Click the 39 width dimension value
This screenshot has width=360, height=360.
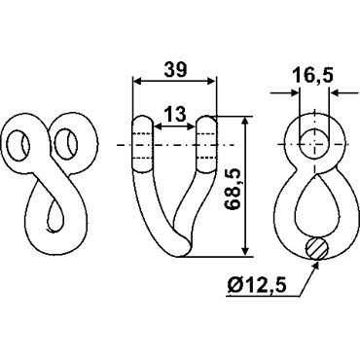(x=175, y=69)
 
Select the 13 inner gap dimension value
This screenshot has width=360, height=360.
(x=175, y=114)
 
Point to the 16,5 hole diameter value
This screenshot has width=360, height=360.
(x=313, y=76)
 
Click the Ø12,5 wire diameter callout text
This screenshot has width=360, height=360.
(x=257, y=286)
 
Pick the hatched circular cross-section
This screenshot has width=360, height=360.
(x=317, y=248)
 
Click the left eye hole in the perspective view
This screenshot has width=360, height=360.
(x=18, y=145)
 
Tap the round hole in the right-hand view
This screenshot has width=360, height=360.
(x=313, y=143)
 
